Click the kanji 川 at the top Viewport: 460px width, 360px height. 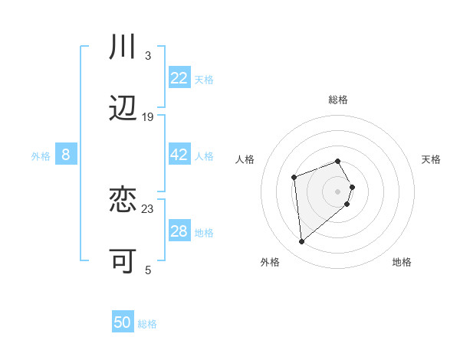coord(123,47)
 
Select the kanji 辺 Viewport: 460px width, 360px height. coord(123,109)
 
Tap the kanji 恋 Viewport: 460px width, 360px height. coord(123,201)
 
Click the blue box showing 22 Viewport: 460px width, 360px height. coord(179,78)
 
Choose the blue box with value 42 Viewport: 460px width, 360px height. coord(179,155)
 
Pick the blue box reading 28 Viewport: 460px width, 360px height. coord(179,231)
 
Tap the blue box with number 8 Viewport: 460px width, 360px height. coord(66,155)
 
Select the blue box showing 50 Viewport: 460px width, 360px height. coord(123,322)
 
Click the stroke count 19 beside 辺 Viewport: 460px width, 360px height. coord(148,116)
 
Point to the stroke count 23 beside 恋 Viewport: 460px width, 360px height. coord(148,208)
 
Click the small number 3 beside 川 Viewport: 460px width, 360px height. coord(148,55)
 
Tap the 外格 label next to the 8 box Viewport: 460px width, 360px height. coord(41,156)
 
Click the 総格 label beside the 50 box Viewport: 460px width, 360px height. coord(147,324)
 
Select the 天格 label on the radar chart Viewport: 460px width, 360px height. coord(431,159)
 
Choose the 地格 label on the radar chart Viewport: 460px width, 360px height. coord(402,263)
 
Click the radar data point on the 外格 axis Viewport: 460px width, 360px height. coord(302,242)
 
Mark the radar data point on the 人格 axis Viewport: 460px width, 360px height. coord(294,178)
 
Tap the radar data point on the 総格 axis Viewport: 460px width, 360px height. coord(337,161)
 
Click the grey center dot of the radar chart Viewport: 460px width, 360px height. coord(337,191)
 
